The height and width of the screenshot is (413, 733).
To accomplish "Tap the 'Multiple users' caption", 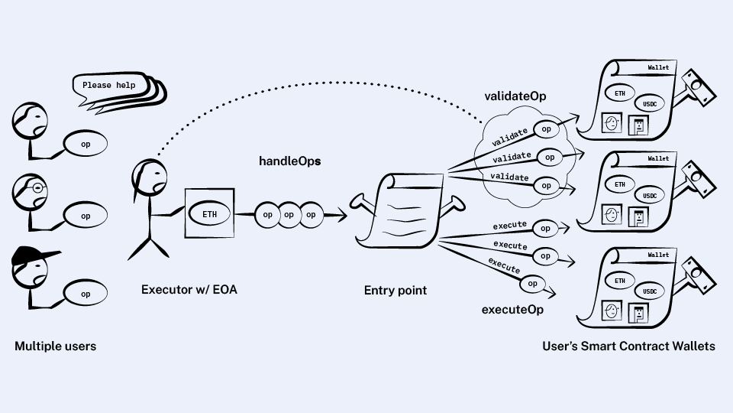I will [56, 346].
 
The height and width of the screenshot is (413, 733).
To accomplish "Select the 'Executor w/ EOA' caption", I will [189, 290].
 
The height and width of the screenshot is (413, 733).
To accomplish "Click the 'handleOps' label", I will [289, 161].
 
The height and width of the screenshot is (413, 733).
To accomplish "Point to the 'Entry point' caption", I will [396, 291].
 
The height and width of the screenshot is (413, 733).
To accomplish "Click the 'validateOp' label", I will [515, 97].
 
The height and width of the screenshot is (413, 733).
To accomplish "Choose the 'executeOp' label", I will [512, 310].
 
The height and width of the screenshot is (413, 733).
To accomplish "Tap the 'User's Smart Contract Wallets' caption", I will [628, 346].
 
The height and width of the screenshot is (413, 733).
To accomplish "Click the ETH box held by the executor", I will [208, 214].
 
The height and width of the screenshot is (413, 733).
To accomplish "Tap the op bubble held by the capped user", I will [85, 294].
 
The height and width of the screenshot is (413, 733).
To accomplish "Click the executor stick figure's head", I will [149, 177].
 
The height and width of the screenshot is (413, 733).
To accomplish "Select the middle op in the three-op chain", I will [289, 215].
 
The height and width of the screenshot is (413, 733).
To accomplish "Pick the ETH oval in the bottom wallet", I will [619, 281].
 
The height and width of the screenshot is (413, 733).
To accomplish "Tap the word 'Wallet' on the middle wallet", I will [657, 159].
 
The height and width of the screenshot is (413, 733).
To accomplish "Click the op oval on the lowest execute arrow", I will [532, 284].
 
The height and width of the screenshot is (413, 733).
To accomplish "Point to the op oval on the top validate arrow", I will [546, 129].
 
